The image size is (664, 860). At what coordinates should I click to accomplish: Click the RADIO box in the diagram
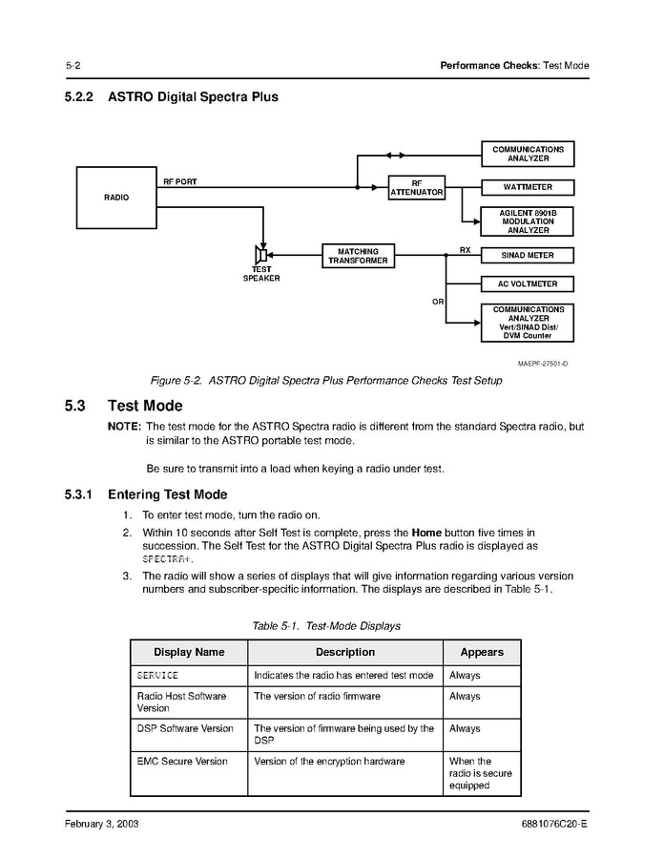pyautogui.click(x=115, y=198)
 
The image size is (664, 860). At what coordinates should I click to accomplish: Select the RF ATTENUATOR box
pyautogui.click(x=417, y=187)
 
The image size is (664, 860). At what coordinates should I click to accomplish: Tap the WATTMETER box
pyautogui.click(x=528, y=187)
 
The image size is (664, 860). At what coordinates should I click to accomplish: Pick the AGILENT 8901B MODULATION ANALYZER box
pyautogui.click(x=528, y=221)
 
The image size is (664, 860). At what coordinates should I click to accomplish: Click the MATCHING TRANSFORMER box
pyautogui.click(x=358, y=256)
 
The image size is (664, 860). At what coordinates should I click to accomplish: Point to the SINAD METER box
pyautogui.click(x=528, y=256)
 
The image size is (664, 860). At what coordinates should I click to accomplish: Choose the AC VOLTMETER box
pyautogui.click(x=528, y=284)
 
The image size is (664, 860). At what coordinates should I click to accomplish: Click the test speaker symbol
pyautogui.click(x=261, y=255)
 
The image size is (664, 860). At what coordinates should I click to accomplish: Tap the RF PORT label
pyautogui.click(x=180, y=181)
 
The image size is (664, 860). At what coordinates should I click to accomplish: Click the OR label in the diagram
pyautogui.click(x=438, y=302)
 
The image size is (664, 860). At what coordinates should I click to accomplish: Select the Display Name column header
pyautogui.click(x=189, y=652)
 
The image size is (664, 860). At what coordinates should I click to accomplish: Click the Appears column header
pyautogui.click(x=482, y=652)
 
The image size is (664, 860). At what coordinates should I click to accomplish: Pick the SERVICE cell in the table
pyautogui.click(x=158, y=676)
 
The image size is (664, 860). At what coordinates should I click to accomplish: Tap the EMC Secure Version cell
pyautogui.click(x=182, y=762)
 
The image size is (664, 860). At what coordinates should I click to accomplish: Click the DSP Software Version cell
pyautogui.click(x=185, y=728)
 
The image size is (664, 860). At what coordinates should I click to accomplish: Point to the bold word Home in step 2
pyautogui.click(x=426, y=532)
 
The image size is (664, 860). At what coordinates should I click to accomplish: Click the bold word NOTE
pyautogui.click(x=125, y=427)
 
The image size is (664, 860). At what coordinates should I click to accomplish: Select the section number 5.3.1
pyautogui.click(x=79, y=494)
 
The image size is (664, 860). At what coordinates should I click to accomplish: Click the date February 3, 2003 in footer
pyautogui.click(x=102, y=824)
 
